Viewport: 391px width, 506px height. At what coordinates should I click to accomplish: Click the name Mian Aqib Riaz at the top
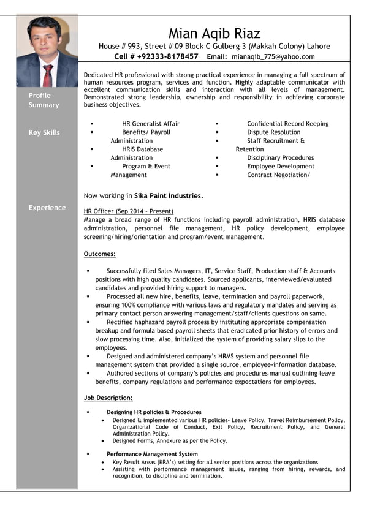tap(214, 34)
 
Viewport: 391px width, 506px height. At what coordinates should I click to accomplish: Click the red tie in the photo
tap(47, 75)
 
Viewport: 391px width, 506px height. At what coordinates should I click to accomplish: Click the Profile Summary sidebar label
tap(44, 100)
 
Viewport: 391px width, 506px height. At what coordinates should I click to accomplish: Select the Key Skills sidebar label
tap(44, 133)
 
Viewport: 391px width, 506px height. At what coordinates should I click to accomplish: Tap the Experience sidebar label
tap(47, 208)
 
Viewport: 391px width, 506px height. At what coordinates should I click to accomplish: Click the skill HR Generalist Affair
tap(151, 124)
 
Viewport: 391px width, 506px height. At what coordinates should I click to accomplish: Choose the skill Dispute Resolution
tap(273, 132)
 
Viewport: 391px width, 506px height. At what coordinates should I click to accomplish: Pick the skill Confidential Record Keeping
tap(287, 124)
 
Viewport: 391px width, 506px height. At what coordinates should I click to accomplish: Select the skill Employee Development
tap(280, 167)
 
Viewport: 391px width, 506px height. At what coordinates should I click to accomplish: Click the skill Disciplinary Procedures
tap(280, 158)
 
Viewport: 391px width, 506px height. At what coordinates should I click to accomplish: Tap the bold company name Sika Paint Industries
tap(169, 196)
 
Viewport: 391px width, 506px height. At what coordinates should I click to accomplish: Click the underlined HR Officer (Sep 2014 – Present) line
tap(128, 211)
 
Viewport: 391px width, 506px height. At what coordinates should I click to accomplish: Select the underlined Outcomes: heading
tap(99, 254)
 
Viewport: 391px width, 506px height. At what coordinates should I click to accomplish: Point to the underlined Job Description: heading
tap(108, 398)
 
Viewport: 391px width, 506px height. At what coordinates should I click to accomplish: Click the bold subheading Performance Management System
tap(152, 454)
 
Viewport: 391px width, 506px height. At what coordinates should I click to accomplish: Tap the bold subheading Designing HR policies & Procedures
tap(154, 412)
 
